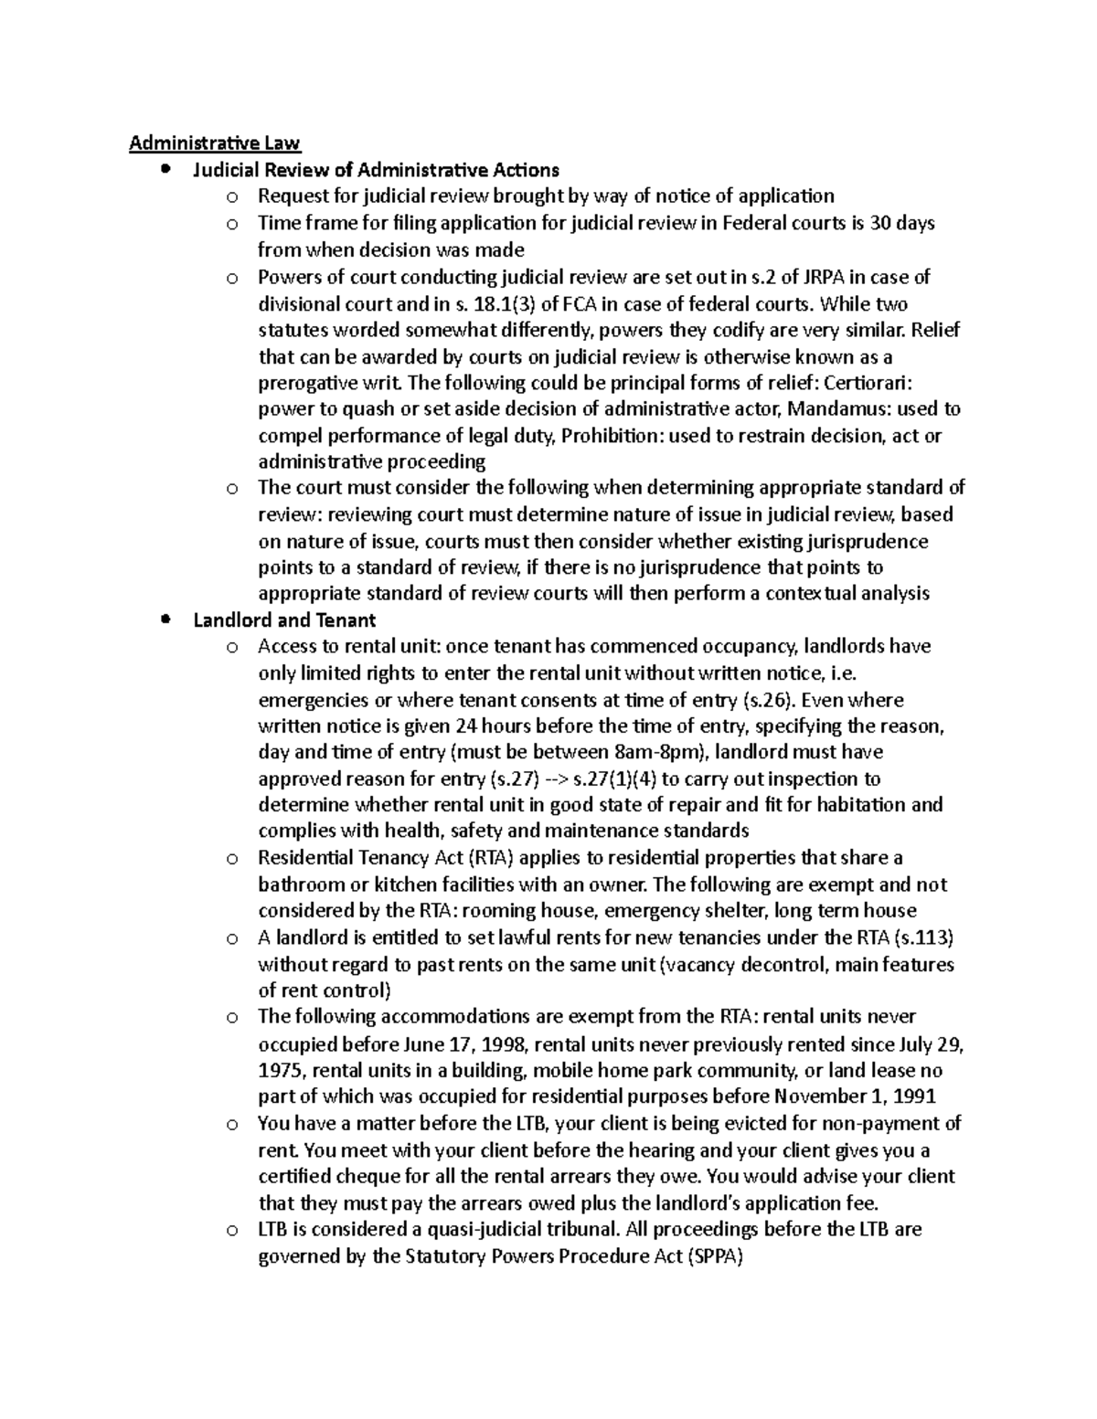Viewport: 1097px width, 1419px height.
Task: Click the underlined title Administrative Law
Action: pos(214,143)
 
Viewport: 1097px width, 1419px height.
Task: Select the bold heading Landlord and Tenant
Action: pos(284,620)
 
